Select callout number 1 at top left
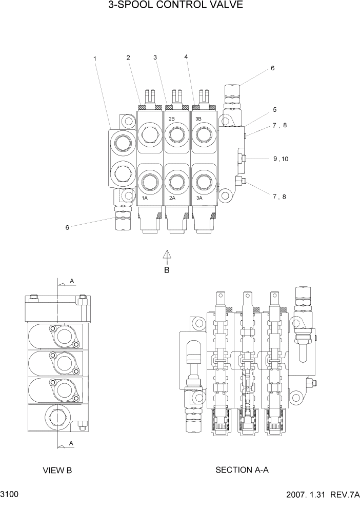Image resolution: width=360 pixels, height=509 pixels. click(95, 59)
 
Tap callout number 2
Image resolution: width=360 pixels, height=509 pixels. click(128, 57)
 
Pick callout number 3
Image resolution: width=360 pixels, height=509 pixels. click(155, 57)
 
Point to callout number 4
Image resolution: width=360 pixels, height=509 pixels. click(186, 57)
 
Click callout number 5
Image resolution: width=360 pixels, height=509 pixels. click(275, 109)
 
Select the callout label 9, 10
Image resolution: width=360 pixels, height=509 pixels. click(281, 159)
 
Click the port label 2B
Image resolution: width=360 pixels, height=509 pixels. click(172, 119)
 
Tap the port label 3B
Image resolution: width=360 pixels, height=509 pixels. click(198, 119)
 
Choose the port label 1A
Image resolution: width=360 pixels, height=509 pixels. click(145, 198)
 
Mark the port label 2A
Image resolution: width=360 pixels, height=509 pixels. click(172, 198)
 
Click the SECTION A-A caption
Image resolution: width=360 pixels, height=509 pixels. click(242, 469)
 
